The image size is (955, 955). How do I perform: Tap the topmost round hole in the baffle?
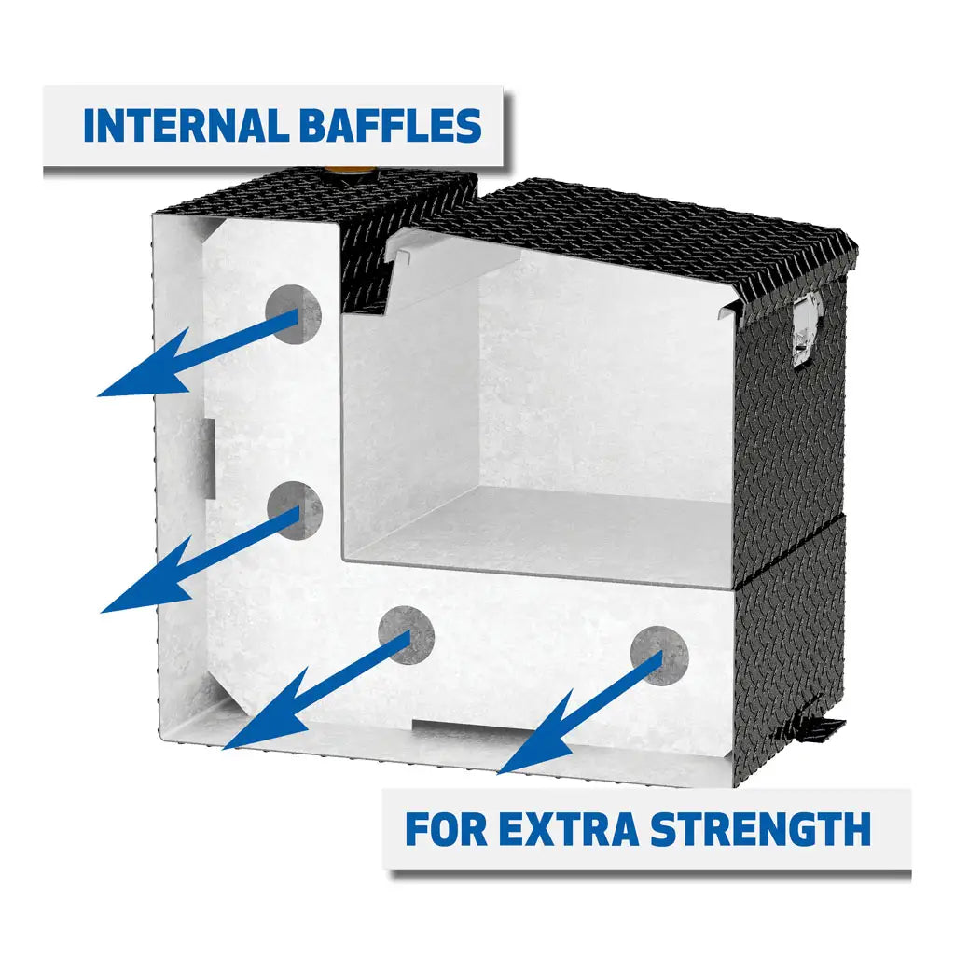(x=293, y=312)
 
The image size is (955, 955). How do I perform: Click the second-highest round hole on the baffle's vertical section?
(x=295, y=510)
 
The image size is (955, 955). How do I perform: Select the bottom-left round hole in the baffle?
(x=406, y=634)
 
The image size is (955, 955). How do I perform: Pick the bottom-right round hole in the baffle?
(x=659, y=656)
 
